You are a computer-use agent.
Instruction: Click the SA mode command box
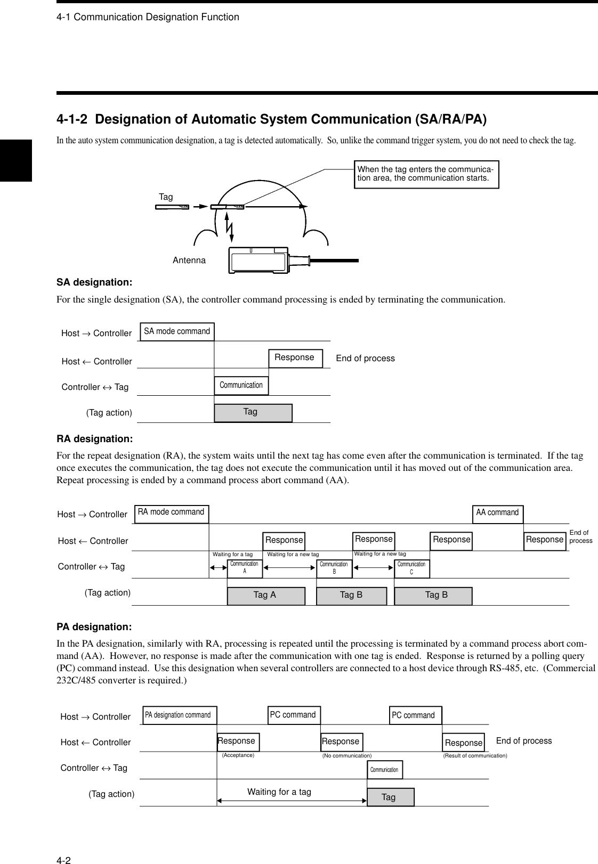coord(177,331)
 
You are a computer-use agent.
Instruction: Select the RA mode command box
coord(171,512)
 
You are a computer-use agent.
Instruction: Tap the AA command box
coord(497,513)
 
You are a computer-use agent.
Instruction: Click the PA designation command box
coord(178,715)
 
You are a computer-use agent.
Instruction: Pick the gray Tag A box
coord(265,596)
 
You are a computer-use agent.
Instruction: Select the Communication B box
coord(334,568)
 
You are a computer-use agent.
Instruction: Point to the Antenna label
coord(189,260)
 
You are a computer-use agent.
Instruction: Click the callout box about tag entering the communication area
coord(426,174)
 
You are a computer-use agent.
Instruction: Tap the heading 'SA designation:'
coord(94,281)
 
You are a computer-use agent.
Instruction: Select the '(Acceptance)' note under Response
coord(238,755)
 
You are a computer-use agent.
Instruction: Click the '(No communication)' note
coord(347,756)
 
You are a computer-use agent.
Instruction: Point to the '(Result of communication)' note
coord(475,756)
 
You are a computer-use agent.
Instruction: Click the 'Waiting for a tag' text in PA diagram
coord(279,792)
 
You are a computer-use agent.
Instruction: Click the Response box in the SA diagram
coord(295,357)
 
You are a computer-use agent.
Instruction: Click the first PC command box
coord(293,715)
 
